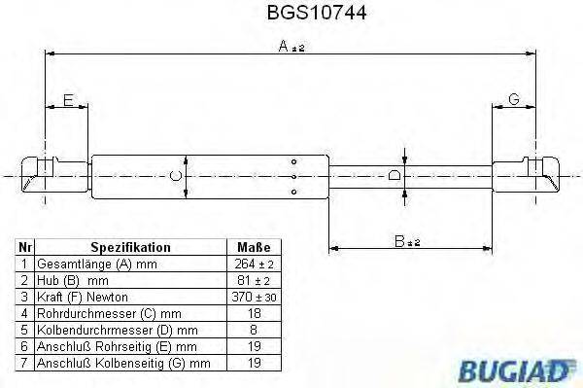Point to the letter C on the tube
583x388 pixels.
pos(175,176)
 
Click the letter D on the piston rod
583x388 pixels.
pos(394,176)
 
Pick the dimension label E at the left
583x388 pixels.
pos(67,99)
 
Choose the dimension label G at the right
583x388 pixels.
pos(514,99)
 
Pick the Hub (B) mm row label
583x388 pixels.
pos(72,280)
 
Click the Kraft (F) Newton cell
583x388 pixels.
pos(83,297)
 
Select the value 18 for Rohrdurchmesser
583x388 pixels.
pos(254,313)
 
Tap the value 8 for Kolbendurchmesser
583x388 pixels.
pos(254,330)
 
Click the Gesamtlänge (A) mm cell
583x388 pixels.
pos(95,265)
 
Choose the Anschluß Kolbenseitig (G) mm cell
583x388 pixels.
pos(122,363)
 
